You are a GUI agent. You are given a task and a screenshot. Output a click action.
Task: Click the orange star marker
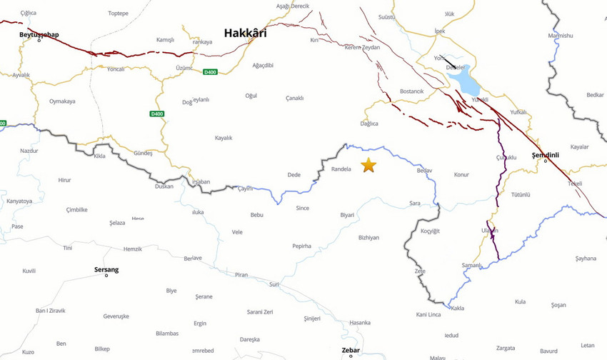click(368, 165)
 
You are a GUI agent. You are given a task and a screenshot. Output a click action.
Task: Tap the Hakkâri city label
click(245, 33)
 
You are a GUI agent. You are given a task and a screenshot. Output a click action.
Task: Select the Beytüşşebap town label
click(39, 34)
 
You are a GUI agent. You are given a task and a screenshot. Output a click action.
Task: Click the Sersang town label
click(106, 269)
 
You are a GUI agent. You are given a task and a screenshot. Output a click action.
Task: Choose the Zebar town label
click(351, 350)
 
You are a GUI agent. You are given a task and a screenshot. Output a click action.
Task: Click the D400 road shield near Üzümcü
click(210, 71)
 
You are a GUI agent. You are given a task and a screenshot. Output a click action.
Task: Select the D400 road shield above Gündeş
click(157, 114)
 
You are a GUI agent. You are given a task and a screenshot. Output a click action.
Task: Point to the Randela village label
click(341, 169)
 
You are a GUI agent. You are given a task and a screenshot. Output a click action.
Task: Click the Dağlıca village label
click(369, 124)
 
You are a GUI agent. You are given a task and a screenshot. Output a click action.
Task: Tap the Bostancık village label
click(412, 91)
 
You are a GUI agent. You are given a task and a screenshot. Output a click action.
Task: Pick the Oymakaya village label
click(62, 101)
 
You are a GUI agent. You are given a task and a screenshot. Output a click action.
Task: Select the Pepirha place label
click(301, 246)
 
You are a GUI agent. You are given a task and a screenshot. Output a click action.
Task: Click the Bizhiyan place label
click(368, 237)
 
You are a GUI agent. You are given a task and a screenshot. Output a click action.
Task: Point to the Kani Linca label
click(428, 314)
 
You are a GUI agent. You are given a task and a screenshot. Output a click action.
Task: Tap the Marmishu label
click(560, 36)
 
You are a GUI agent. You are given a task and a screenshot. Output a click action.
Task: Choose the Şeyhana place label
click(585, 258)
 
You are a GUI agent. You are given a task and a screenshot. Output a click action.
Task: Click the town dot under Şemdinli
click(546, 161)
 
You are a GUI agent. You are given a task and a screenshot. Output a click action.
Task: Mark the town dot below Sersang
click(106, 276)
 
